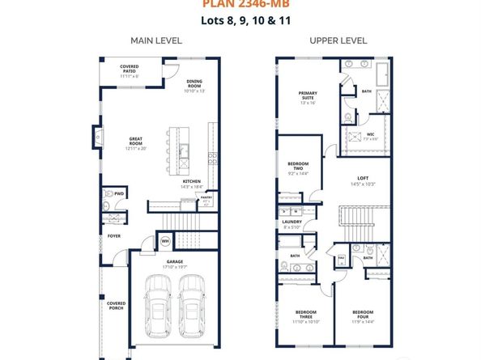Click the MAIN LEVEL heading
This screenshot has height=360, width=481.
click(x=155, y=40)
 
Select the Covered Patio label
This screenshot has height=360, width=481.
click(x=130, y=69)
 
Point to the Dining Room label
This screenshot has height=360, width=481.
click(x=194, y=84)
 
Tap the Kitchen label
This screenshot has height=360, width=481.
click(x=190, y=183)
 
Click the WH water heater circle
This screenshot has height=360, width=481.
click(x=164, y=240)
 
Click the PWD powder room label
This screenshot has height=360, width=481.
click(x=118, y=194)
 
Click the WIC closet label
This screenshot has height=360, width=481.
click(x=370, y=134)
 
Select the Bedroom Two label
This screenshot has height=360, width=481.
click(x=297, y=168)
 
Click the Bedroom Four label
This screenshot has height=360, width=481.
click(x=362, y=315)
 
